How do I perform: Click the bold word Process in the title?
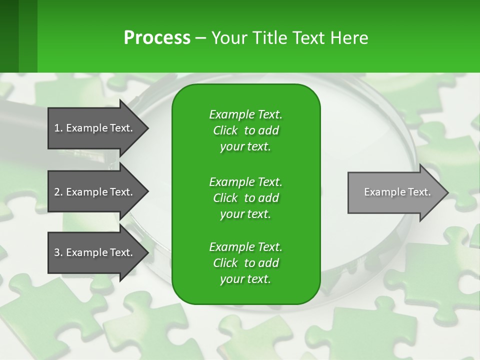tap(157, 38)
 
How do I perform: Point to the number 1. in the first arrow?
tap(58, 128)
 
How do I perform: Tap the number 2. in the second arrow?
tap(58, 192)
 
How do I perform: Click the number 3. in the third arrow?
tap(58, 252)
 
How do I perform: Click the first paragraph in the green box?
tap(245, 130)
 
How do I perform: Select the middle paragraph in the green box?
tap(245, 197)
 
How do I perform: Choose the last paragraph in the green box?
tap(245, 263)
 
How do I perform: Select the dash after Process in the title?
tap(200, 38)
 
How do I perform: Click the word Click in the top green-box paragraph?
tap(225, 130)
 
